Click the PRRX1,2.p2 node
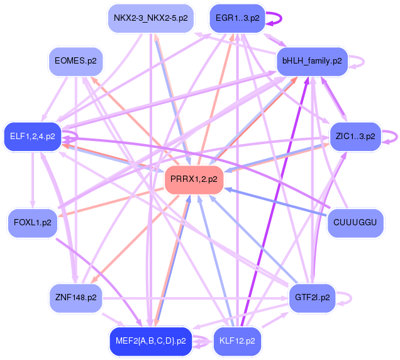coord(194,180)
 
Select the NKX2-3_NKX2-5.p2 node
coord(150,18)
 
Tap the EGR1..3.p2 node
coord(237,18)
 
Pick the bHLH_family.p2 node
coord(312,61)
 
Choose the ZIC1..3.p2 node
coord(355,136)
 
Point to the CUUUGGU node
coord(355,223)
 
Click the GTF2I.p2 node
coord(312,298)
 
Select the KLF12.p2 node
coord(237,341)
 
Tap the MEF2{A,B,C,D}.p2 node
coord(150,341)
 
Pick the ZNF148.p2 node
coord(75,298)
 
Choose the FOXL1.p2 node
coord(32,223)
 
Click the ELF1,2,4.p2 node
coord(32,136)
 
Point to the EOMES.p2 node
coord(75,61)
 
